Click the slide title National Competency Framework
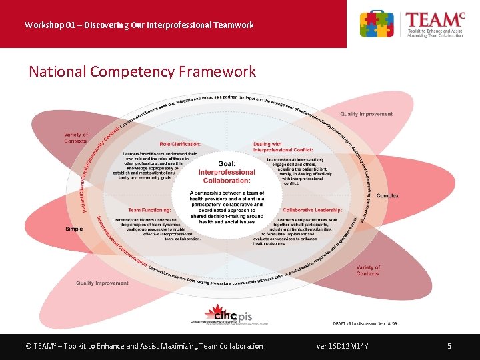tap(142, 71)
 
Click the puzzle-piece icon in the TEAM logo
tap(377, 24)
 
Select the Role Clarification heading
tap(180, 144)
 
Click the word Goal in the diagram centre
tap(226, 164)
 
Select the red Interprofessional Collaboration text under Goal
tap(226, 176)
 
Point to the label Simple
tap(74, 229)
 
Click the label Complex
tap(387, 196)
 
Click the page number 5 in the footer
tap(449, 346)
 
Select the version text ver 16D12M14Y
tap(343, 346)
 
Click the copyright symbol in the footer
tap(28, 346)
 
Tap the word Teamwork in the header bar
tap(233, 25)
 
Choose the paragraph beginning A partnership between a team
tap(227, 207)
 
